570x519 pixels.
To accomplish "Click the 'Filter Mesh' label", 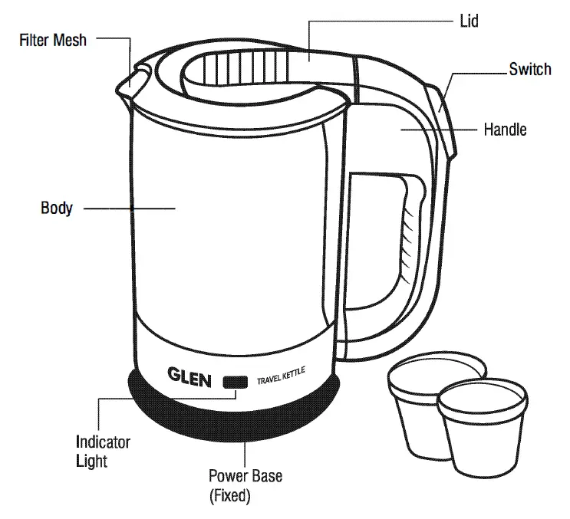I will (53, 40).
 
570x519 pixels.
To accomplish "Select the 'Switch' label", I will (529, 69).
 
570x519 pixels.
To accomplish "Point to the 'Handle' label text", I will (505, 129).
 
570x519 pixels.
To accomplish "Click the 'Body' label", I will (56, 208).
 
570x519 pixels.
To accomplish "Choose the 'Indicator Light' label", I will (103, 452).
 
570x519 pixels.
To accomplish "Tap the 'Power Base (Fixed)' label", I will (245, 486).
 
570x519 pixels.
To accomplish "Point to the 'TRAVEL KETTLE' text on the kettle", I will (281, 377).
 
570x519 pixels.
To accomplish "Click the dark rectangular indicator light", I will (235, 382).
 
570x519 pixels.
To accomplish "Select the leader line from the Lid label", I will (384, 21).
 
